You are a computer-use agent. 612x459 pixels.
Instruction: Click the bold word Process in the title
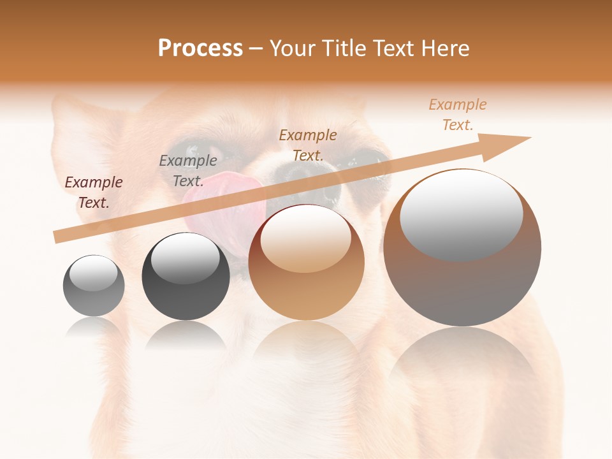[200, 48]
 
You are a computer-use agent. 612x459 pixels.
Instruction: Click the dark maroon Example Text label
[94, 193]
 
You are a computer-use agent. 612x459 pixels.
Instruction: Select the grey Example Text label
[187, 170]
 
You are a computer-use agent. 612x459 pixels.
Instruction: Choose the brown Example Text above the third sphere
[308, 145]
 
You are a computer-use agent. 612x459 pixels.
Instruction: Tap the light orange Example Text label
[458, 115]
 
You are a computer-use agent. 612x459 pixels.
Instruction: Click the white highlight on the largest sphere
[461, 214]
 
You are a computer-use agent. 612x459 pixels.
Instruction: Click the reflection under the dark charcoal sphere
[186, 335]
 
